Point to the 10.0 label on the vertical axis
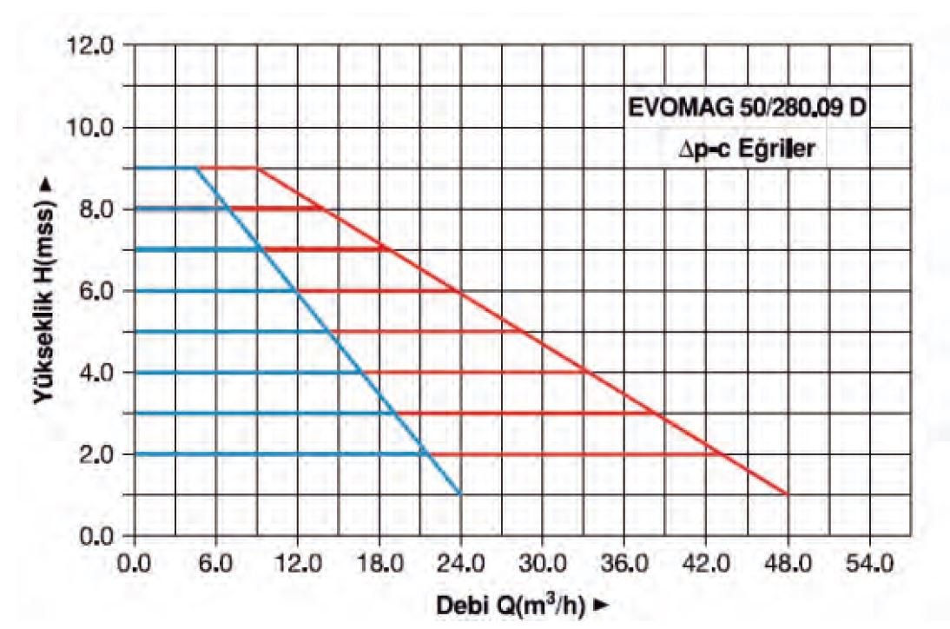(96, 128)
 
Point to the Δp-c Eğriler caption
(748, 149)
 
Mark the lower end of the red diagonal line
(787, 494)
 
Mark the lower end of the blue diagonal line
(460, 494)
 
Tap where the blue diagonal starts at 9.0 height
(195, 168)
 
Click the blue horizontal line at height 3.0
(261, 413)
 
